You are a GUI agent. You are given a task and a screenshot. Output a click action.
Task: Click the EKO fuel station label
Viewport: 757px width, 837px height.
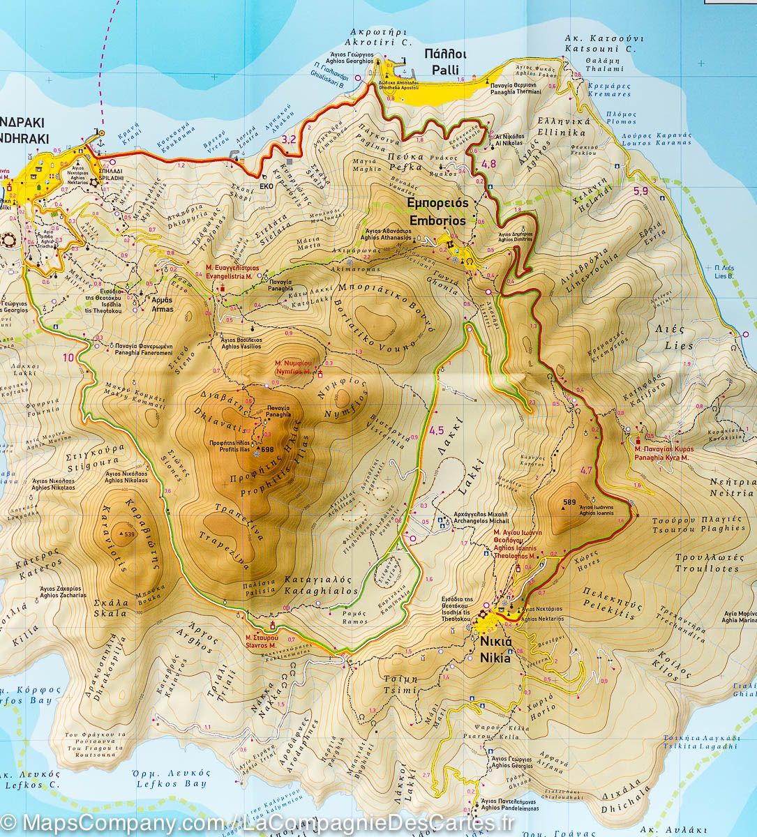(267, 186)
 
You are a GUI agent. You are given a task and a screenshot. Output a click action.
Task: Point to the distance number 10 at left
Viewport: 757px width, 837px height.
(68, 358)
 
